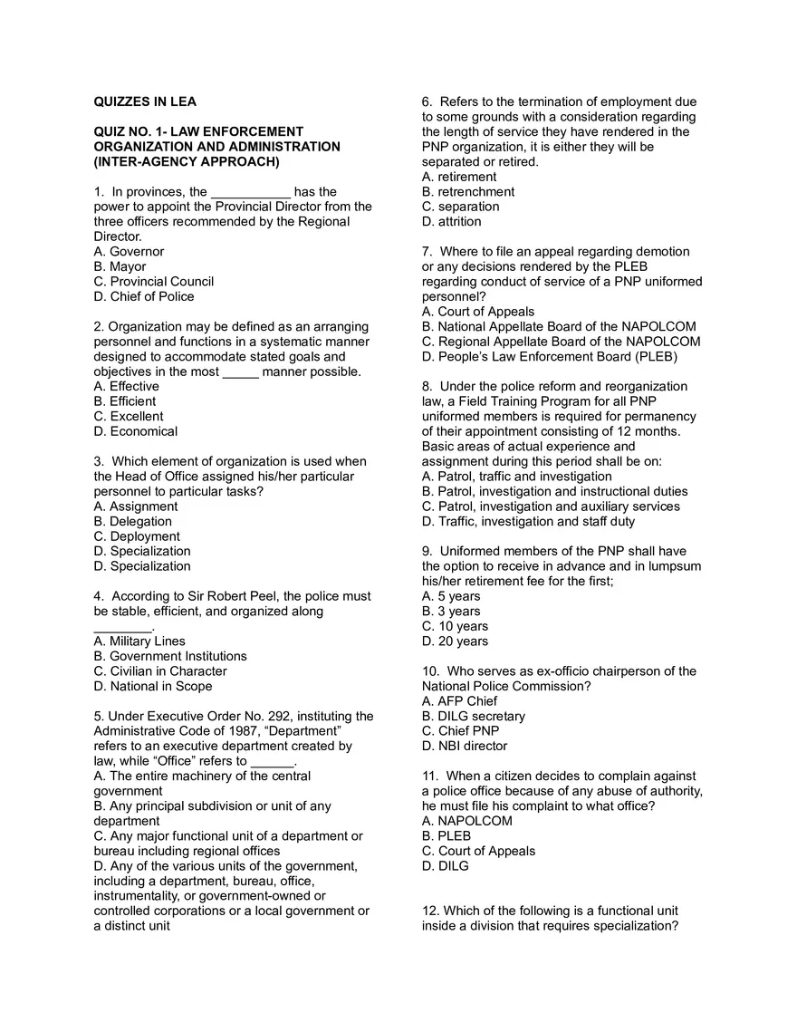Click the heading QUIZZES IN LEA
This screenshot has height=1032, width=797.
145,101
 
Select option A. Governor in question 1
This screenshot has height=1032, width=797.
130,252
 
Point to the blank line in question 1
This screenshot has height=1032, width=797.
251,192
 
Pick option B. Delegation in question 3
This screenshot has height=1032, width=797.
132,522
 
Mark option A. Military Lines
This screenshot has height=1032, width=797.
139,641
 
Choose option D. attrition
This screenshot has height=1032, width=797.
451,222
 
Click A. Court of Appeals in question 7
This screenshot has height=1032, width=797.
478,312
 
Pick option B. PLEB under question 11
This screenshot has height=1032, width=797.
447,835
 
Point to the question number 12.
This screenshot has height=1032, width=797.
430,911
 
